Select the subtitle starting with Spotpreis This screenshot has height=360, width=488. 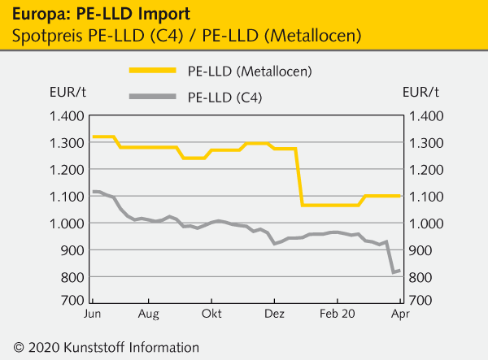click(x=182, y=35)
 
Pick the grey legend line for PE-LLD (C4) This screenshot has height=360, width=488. click(x=152, y=98)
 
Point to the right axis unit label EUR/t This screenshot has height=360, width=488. click(x=420, y=91)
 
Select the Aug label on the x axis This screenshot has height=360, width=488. click(x=149, y=313)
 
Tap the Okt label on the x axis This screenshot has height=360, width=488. click(x=212, y=313)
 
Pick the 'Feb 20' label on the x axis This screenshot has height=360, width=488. click(x=338, y=313)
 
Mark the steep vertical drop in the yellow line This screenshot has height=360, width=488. click(x=299, y=177)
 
